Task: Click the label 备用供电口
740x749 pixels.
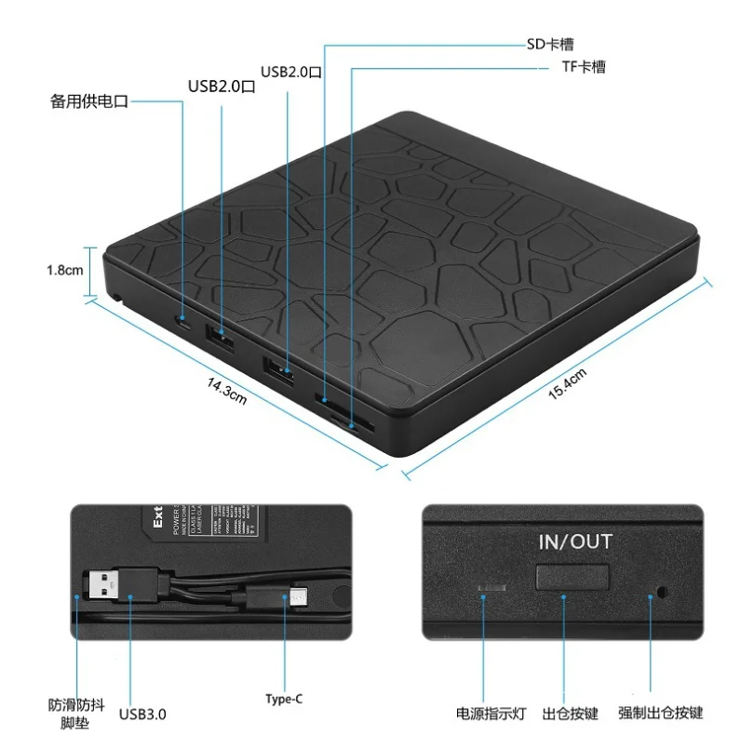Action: click(88, 101)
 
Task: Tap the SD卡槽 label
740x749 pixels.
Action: click(548, 43)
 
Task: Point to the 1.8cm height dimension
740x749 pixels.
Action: click(65, 271)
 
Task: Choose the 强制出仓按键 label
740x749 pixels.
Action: click(661, 714)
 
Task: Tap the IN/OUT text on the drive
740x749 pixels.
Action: click(575, 541)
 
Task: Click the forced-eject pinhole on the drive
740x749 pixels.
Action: click(662, 591)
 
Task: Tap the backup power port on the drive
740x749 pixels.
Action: click(184, 323)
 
